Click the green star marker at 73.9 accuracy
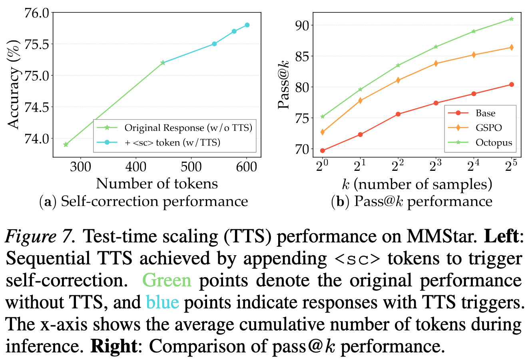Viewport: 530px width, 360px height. click(66, 144)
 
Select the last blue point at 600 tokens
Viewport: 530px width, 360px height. click(247, 25)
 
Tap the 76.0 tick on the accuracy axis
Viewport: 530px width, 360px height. click(37, 13)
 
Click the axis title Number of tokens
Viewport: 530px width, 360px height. click(157, 184)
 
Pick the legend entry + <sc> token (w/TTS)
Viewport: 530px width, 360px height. click(172, 142)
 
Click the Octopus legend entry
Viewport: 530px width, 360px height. click(494, 142)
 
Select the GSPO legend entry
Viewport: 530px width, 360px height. click(488, 128)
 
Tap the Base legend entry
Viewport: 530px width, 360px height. click(485, 113)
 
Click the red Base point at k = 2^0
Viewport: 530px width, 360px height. click(323, 150)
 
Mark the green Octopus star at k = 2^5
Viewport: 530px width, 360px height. click(511, 19)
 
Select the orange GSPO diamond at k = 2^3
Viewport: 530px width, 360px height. click(436, 64)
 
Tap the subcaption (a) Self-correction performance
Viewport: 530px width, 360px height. click(144, 201)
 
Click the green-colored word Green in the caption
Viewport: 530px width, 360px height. click(167, 280)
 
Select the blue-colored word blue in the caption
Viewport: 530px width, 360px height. click(162, 302)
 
